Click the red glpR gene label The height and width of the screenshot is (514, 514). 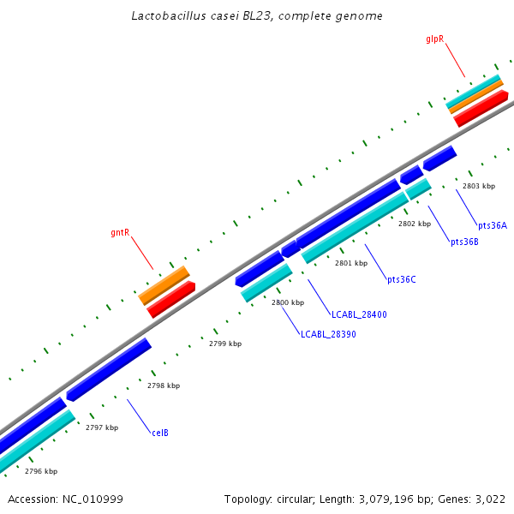[x=434, y=39]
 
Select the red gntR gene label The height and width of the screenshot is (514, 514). [x=120, y=232]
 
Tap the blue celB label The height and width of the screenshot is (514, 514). [x=160, y=433]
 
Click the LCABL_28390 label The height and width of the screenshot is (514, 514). [x=328, y=334]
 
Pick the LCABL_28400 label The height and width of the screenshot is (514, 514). [x=359, y=314]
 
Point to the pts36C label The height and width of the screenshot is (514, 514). [x=401, y=279]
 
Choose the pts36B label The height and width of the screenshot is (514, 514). [x=464, y=242]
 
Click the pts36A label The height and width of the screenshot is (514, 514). [x=493, y=225]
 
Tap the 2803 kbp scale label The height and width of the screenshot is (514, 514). [x=479, y=186]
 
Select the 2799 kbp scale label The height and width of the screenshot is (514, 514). [x=225, y=344]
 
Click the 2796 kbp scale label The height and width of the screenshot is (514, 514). [x=41, y=471]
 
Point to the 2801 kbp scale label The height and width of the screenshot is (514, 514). [x=351, y=263]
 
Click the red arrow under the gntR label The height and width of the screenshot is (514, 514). [x=171, y=299]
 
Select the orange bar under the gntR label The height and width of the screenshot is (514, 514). [x=164, y=284]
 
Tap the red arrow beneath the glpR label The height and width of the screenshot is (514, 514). [x=481, y=108]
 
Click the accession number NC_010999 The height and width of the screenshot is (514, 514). [x=93, y=499]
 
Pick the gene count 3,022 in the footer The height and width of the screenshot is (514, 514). [x=489, y=499]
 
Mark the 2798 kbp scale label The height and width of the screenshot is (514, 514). [x=164, y=385]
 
